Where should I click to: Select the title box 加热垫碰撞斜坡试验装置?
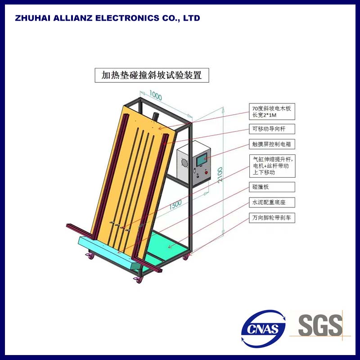coord(152,75)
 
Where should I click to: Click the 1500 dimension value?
coord(176,205)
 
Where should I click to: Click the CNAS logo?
coord(264,328)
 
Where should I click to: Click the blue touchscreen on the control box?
coord(200,158)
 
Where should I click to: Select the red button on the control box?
coord(207,172)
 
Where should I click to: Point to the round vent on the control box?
coord(184,163)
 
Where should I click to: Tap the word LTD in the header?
coord(192,18)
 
